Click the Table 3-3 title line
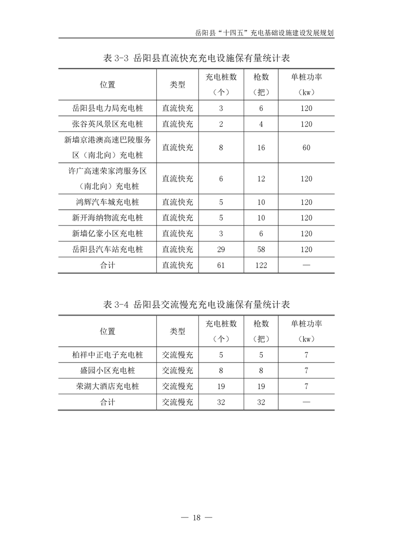click(x=196, y=58)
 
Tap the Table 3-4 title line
click(x=196, y=304)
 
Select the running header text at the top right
click(x=265, y=33)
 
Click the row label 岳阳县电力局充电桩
click(x=107, y=108)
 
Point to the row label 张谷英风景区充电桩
click(x=107, y=124)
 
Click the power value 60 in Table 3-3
click(x=306, y=147)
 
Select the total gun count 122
click(x=261, y=265)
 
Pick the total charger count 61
click(x=221, y=265)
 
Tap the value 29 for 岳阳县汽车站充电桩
click(x=221, y=249)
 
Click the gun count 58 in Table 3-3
click(x=261, y=249)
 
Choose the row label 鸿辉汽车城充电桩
click(x=107, y=202)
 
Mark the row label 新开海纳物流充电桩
click(x=107, y=218)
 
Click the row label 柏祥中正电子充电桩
click(x=107, y=355)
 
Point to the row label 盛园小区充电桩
click(x=107, y=370)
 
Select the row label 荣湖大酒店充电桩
click(x=107, y=386)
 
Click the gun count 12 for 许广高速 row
click(x=261, y=179)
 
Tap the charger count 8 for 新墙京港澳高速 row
click(x=221, y=147)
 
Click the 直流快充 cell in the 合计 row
click(x=178, y=265)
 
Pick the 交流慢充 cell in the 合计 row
click(x=178, y=402)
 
